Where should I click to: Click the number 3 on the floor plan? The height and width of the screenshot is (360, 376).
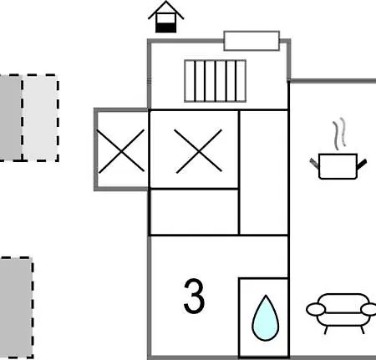point(194,296)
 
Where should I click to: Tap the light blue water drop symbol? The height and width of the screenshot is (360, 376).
point(266,319)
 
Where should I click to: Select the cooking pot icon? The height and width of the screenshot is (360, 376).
point(338,166)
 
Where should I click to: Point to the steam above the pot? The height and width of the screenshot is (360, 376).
point(340,134)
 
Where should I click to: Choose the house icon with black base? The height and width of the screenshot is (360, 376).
point(166,17)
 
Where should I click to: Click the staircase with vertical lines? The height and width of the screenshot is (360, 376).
point(215,81)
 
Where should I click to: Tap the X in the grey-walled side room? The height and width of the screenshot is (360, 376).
point(121,151)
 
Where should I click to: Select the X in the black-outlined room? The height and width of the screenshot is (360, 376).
point(198,151)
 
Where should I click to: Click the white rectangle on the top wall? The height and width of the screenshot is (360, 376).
point(252,41)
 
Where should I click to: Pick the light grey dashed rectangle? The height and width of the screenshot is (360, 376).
point(40,118)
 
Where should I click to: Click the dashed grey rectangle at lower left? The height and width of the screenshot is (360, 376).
point(16,307)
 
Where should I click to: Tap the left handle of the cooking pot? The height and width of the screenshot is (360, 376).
point(315,163)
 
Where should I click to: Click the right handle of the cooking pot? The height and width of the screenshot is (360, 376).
point(362,164)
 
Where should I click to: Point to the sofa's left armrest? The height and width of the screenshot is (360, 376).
point(316,309)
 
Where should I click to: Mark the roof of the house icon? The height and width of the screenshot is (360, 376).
point(166,10)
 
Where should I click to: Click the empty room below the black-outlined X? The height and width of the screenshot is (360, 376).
point(194,212)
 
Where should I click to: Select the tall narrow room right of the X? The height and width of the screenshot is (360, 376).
point(263,173)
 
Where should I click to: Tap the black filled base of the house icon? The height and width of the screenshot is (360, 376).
point(166,28)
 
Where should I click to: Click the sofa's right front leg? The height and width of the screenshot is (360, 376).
point(363,330)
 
